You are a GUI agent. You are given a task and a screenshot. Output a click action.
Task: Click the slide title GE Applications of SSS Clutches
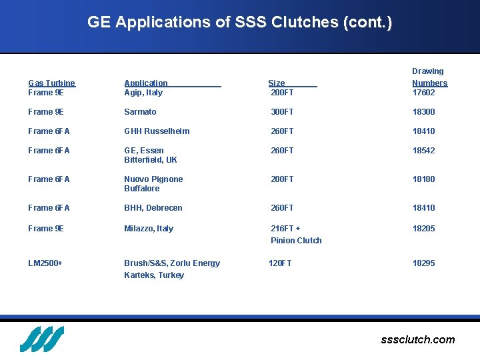[x=239, y=22]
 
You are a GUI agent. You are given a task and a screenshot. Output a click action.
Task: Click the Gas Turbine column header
[x=51, y=83]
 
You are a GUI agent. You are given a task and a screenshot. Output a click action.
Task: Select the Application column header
[x=146, y=83]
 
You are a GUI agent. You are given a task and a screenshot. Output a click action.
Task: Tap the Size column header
[x=277, y=83]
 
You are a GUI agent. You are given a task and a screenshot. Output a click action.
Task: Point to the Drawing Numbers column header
[x=429, y=77]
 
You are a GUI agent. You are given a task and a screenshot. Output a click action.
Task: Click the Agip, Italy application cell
[x=143, y=93]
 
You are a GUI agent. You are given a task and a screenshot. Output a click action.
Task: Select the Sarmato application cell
[x=140, y=112]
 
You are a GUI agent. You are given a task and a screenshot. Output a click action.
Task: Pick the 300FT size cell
[x=282, y=112]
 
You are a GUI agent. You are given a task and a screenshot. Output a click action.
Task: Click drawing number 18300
[x=423, y=112]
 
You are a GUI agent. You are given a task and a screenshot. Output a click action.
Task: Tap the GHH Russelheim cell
[x=157, y=131]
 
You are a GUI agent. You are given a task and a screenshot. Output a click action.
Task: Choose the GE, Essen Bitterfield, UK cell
[x=150, y=155]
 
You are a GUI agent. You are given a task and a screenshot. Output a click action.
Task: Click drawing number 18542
[x=423, y=151]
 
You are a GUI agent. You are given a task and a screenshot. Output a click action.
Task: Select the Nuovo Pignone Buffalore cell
[x=153, y=184]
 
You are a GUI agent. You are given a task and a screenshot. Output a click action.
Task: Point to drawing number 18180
[x=423, y=179]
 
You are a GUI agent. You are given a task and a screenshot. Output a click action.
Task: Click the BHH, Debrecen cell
[x=153, y=208]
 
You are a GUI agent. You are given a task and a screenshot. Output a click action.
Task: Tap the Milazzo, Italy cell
[x=149, y=229]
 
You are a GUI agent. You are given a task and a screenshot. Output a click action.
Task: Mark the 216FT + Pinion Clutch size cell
[x=296, y=235]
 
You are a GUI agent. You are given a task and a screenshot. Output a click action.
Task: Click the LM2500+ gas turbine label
[x=45, y=263]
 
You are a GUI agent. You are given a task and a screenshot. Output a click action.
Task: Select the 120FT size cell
[x=280, y=263]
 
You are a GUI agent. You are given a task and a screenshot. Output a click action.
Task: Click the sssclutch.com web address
[x=417, y=340]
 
